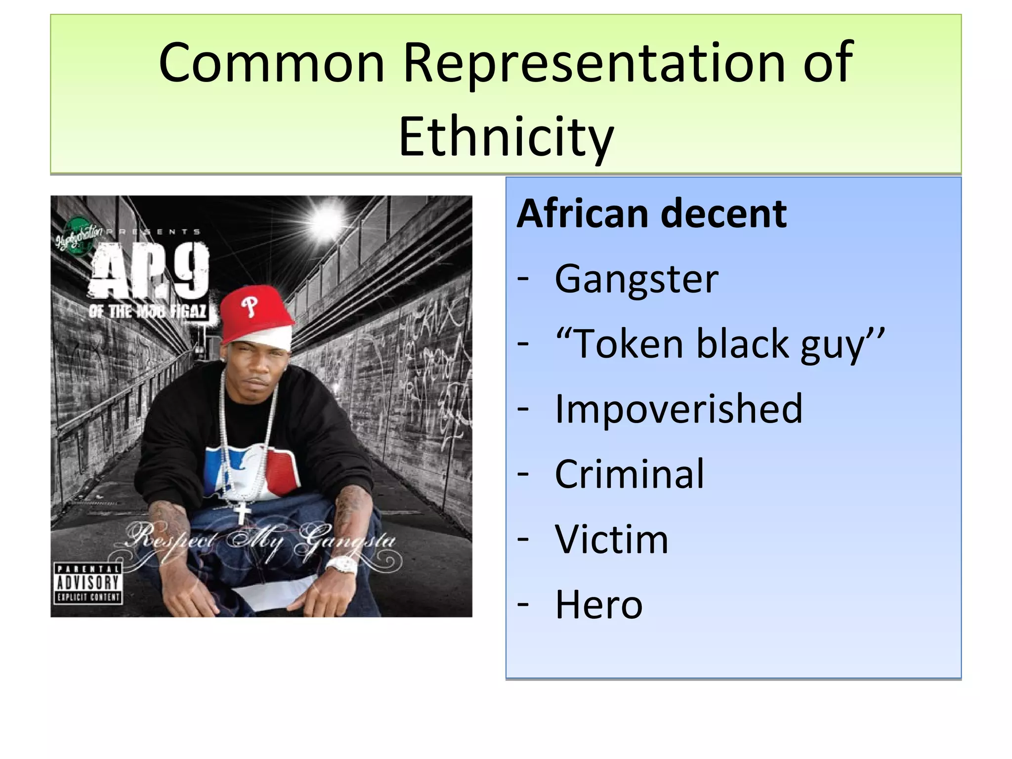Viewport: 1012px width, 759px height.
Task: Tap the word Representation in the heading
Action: click(x=593, y=63)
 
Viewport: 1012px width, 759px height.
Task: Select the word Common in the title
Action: click(x=271, y=63)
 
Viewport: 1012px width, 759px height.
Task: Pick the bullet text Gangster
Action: click(x=636, y=279)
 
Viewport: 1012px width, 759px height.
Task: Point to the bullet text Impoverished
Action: click(x=678, y=409)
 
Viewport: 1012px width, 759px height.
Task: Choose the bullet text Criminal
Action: click(x=629, y=474)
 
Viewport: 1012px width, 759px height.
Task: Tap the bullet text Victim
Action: click(x=611, y=539)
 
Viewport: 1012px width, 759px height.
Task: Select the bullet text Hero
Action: click(x=598, y=604)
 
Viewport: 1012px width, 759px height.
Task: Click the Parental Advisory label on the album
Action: click(x=87, y=584)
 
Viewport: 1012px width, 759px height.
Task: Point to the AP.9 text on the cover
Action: click(x=150, y=272)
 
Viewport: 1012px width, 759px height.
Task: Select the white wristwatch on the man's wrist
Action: click(x=341, y=566)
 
